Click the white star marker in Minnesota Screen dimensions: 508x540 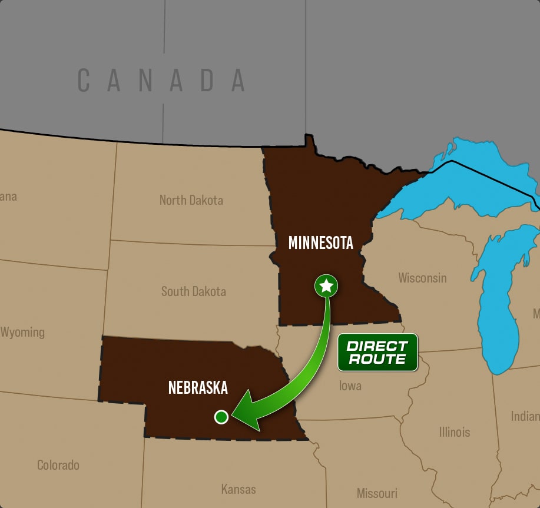pos(326,286)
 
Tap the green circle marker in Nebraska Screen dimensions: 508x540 pos(221,417)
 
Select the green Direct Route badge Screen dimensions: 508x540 pos(377,352)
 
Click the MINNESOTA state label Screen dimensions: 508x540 pos(320,243)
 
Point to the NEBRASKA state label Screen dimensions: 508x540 pos(198,387)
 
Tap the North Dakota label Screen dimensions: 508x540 pos(191,200)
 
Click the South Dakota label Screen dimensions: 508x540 pos(193,291)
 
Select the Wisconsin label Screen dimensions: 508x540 pos(422,278)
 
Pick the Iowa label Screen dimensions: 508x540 pos(350,386)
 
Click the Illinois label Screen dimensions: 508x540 pos(454,432)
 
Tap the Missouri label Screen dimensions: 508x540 pos(377,493)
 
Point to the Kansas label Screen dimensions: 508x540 pos(238,489)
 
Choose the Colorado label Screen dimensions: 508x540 pos(58,465)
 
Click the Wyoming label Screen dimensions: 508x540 pos(22,332)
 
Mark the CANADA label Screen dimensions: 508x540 pos(162,81)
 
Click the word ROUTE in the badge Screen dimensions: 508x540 pos(377,358)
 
